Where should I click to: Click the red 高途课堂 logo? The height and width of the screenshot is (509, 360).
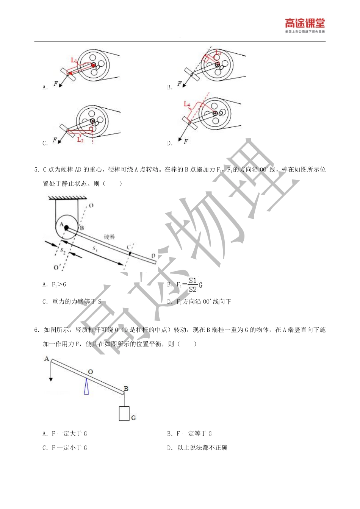305,24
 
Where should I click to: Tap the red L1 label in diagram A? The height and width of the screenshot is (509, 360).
74,60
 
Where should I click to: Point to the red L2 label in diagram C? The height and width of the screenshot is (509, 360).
80,140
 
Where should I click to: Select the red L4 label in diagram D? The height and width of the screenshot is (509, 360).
187,104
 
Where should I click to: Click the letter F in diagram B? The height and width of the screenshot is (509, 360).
179,84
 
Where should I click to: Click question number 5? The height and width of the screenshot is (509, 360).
37,170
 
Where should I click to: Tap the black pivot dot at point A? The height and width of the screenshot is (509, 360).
66,228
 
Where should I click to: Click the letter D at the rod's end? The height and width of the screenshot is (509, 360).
153,256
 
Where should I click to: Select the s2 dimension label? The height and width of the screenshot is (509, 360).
63,251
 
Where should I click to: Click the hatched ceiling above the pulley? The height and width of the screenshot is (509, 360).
67,197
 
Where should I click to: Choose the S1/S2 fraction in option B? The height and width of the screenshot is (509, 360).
193,285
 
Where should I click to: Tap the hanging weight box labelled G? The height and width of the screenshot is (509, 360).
124,414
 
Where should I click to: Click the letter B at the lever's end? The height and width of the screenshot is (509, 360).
126,389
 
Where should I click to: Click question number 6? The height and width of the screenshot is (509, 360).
37,330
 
